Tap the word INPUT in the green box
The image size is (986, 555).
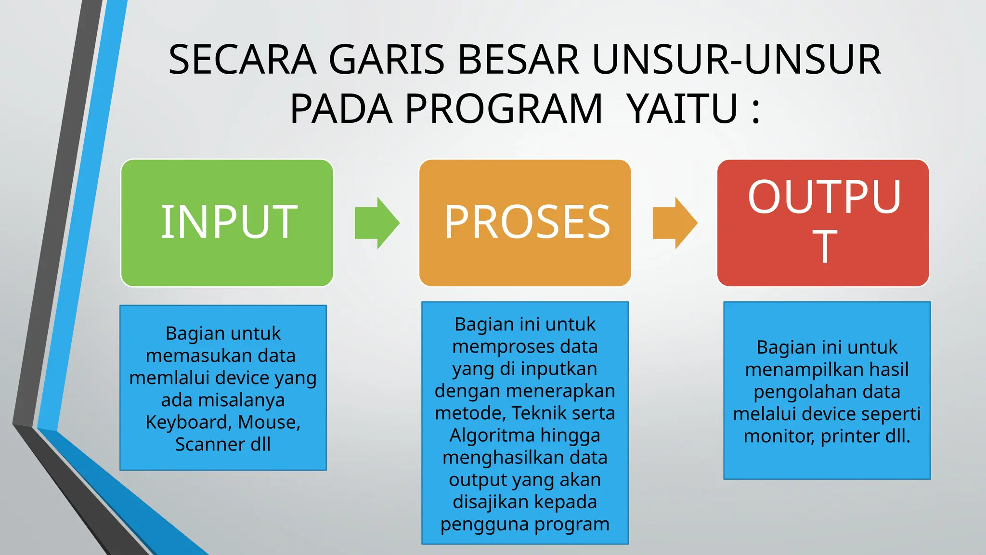pyautogui.click(x=229, y=222)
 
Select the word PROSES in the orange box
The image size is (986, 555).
pyautogui.click(x=527, y=222)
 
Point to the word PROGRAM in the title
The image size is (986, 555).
pyautogui.click(x=504, y=109)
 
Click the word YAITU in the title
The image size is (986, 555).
pyautogui.click(x=683, y=109)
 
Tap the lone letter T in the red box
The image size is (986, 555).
pyautogui.click(x=825, y=246)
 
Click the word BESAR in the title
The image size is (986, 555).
pyautogui.click(x=518, y=60)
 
